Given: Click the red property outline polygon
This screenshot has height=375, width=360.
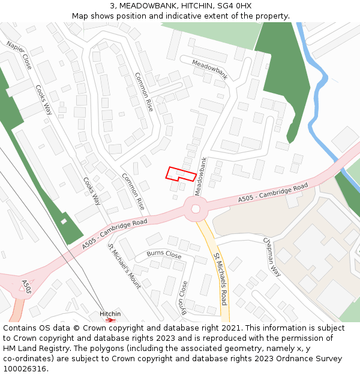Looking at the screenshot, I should tap(180, 174).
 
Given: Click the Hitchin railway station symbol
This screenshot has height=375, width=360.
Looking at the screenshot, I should tap(110, 320).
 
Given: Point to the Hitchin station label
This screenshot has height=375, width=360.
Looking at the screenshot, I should tap(110, 314).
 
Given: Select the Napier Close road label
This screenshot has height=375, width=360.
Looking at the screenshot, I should tap(19, 55).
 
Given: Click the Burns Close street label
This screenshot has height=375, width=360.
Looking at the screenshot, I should tap(164, 254).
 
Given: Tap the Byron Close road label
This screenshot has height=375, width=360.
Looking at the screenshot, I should tap(184, 296).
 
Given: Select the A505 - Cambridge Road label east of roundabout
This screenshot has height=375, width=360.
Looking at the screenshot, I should tap(272, 193).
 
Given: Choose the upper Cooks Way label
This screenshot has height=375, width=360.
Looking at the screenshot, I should tap(44, 99).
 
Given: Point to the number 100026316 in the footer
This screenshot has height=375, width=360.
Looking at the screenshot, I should tap(25, 368).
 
